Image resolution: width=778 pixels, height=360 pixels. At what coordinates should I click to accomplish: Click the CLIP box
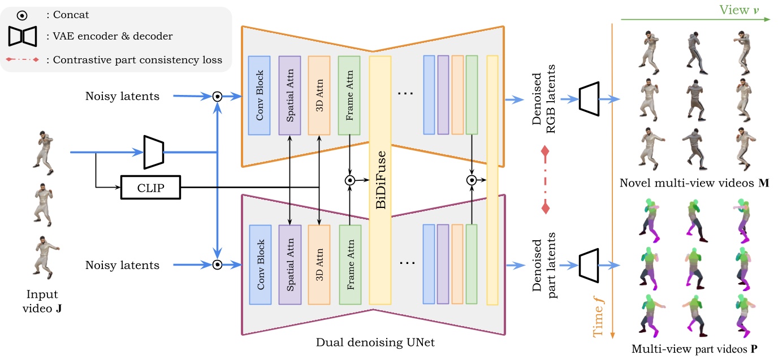tap(151, 188)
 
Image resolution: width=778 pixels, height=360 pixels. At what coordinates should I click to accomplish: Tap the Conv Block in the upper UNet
tap(260, 95)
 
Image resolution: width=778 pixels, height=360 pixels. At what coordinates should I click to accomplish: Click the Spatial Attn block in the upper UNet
tap(289, 95)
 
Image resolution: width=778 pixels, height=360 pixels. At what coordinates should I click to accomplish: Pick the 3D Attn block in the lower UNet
tap(319, 264)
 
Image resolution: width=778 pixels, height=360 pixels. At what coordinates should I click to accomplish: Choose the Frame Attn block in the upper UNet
tap(349, 95)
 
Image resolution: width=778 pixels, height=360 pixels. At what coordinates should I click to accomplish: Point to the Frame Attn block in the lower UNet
tap(350, 264)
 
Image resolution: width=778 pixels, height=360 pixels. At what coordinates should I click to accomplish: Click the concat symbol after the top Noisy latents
tap(217, 97)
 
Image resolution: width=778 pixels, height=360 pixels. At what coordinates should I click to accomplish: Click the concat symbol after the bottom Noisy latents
tap(217, 265)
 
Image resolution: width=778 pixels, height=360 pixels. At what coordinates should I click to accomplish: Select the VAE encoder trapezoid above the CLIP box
tap(154, 152)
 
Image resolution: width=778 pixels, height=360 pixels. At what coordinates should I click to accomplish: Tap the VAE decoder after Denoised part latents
tap(589, 265)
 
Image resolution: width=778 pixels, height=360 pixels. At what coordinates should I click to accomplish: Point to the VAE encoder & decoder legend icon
tap(22, 36)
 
